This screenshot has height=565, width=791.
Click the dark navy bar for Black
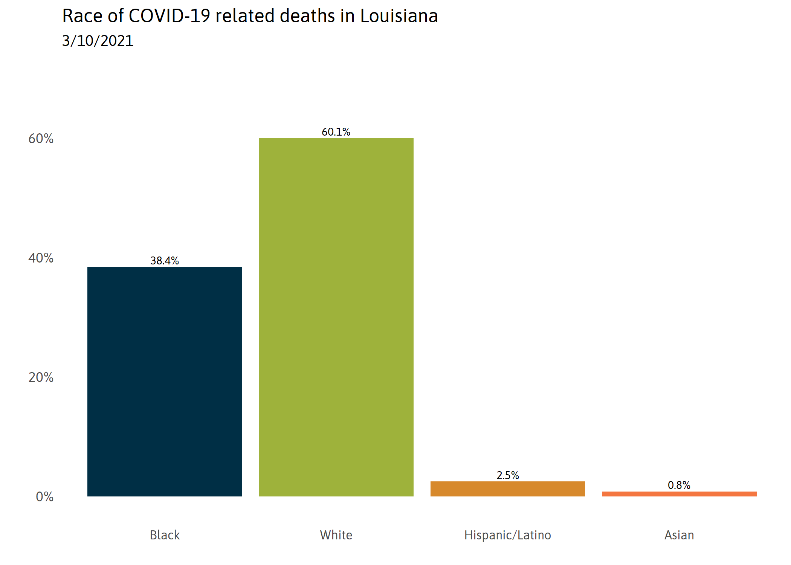165,381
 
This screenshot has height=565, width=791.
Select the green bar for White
336,317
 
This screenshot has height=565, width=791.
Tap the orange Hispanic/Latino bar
507,489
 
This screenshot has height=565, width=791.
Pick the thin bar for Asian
679,494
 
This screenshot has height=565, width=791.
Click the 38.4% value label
165,261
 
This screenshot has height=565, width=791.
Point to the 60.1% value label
336,132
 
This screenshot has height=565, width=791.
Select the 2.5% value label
507,475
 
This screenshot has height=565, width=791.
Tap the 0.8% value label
679,485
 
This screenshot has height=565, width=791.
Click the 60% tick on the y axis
41,139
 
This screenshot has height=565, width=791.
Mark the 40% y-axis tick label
41,258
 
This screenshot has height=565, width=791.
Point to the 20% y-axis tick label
41,377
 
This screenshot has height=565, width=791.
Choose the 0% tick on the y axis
44,497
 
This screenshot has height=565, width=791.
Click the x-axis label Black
165,535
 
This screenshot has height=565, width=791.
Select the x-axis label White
336,535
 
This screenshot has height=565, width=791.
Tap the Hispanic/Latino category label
507,535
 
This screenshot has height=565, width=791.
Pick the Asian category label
679,535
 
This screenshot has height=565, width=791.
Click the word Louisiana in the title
399,16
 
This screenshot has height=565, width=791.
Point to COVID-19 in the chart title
169,16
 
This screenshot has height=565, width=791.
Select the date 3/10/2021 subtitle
98,41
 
